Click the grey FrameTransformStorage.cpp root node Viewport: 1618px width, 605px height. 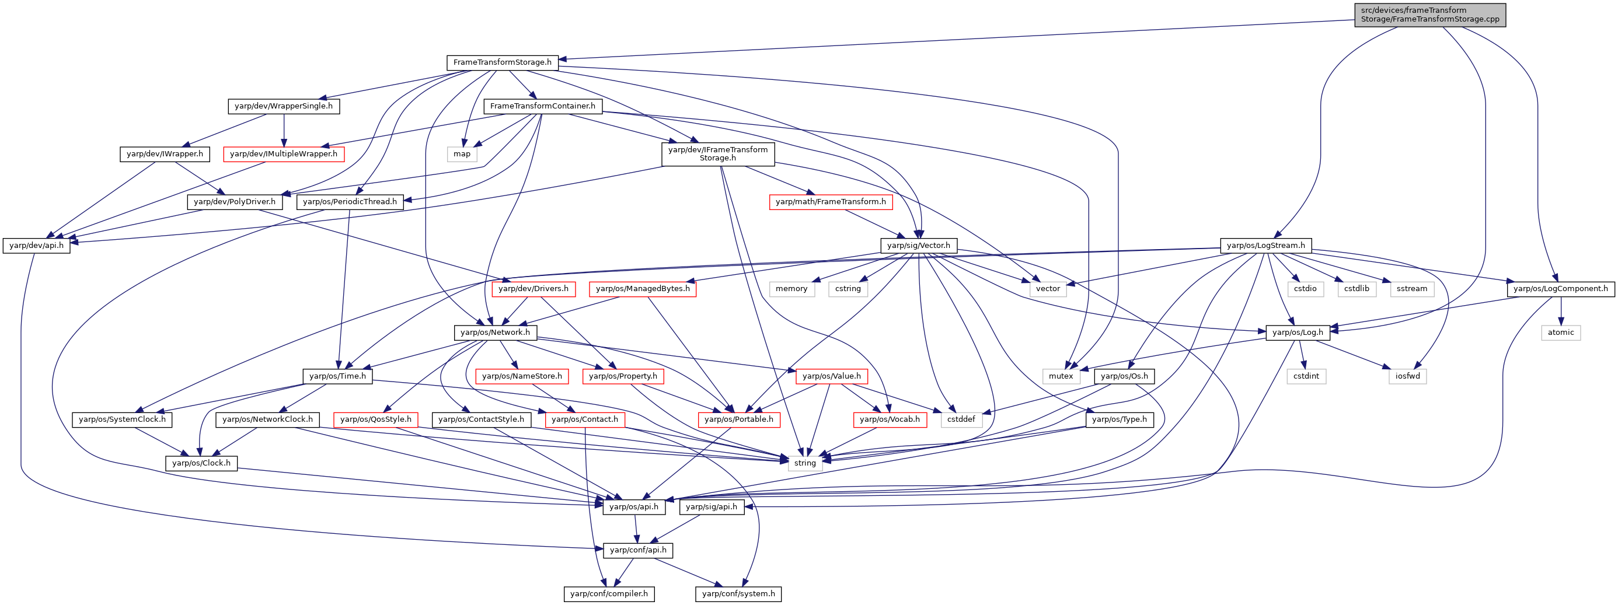[x=1429, y=15]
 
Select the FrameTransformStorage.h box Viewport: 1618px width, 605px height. [x=503, y=62]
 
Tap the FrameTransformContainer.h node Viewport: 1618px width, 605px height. [x=543, y=106]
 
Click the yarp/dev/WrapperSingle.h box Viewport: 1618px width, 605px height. [x=284, y=106]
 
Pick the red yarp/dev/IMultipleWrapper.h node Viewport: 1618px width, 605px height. [x=284, y=154]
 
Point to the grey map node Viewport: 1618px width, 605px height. [x=462, y=154]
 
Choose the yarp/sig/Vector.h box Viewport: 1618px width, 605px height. [x=918, y=246]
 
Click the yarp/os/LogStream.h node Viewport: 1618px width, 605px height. [x=1265, y=246]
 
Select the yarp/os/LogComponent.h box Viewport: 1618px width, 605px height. [x=1561, y=289]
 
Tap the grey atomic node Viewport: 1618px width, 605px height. [x=1561, y=332]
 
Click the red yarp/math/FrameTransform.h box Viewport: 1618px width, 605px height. [x=831, y=201]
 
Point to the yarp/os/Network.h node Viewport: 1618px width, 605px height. [x=495, y=332]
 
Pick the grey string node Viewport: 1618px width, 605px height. [x=804, y=463]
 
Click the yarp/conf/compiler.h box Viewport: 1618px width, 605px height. [x=609, y=594]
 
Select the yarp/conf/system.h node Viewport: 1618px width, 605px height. [x=738, y=594]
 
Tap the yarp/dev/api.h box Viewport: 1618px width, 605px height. [x=36, y=246]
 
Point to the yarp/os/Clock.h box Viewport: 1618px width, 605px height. [x=201, y=463]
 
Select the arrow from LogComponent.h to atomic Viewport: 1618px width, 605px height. [x=1561, y=310]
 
